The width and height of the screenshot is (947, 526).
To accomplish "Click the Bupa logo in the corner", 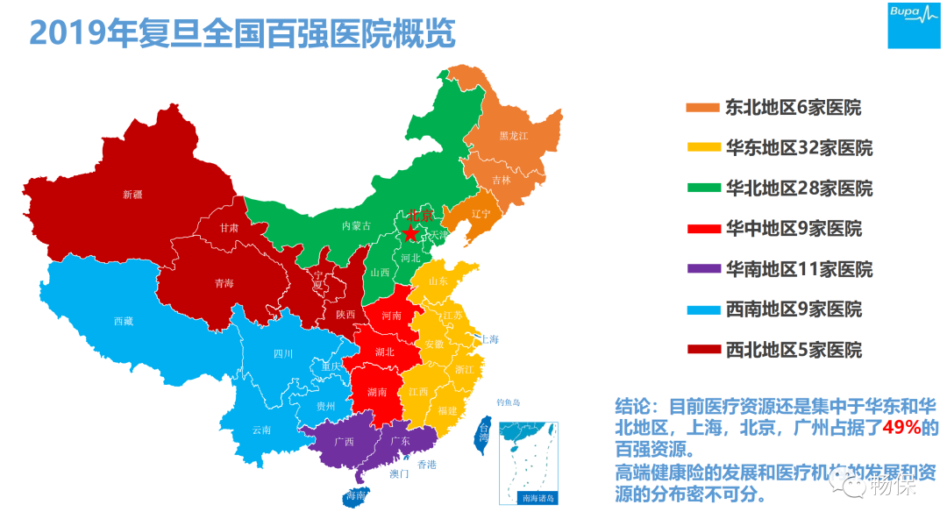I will [x=914, y=25].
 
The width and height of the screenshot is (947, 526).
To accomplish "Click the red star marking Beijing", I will [x=409, y=232].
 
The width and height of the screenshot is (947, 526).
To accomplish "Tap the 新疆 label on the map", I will [x=132, y=195].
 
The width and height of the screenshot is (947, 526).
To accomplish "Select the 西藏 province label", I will [x=123, y=321].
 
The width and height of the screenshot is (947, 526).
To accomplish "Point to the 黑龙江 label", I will [x=514, y=136].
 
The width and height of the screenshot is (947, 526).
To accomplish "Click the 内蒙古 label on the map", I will [x=356, y=225].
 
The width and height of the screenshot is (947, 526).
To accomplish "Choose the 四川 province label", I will [x=283, y=354].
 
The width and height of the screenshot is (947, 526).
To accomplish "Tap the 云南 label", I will [x=261, y=430].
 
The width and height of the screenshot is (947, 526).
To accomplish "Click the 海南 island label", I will [x=355, y=496].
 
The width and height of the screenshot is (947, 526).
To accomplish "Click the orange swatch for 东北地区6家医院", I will [x=702, y=108].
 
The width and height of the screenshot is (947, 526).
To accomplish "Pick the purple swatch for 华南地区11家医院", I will [x=702, y=269].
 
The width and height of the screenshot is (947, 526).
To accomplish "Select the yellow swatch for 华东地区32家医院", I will [x=702, y=148].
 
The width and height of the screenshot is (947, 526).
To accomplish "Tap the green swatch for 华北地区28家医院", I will [x=702, y=188].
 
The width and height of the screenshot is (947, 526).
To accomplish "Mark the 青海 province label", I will [x=224, y=283].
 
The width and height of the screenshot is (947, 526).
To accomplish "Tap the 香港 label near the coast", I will [x=426, y=464].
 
